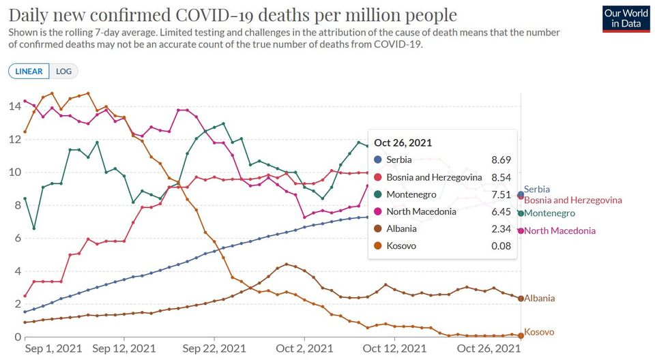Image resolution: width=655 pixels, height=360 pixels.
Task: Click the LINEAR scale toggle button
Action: point(29,71)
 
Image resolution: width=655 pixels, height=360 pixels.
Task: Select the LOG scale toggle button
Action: point(64,71)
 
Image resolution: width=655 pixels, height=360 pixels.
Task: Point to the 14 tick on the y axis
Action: point(14,106)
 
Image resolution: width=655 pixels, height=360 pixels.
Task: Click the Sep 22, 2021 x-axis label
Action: point(214,348)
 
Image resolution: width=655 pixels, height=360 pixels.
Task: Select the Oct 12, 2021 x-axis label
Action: point(394,348)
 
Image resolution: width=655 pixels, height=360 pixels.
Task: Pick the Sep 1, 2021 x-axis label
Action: point(53,348)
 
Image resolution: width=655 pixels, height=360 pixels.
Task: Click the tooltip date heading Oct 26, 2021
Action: point(403,142)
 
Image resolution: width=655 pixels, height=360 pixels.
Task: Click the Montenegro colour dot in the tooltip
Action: point(379,194)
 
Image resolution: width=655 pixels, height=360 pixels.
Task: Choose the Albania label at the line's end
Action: point(539,298)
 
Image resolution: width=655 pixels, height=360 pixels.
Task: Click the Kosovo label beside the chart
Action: point(539,332)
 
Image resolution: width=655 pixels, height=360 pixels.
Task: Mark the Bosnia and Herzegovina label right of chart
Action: point(573,200)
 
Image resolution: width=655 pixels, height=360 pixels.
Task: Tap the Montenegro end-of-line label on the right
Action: point(550,213)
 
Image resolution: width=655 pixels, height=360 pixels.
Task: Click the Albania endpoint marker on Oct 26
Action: point(521,299)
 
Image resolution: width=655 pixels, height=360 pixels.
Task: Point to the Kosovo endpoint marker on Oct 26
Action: point(521,335)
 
